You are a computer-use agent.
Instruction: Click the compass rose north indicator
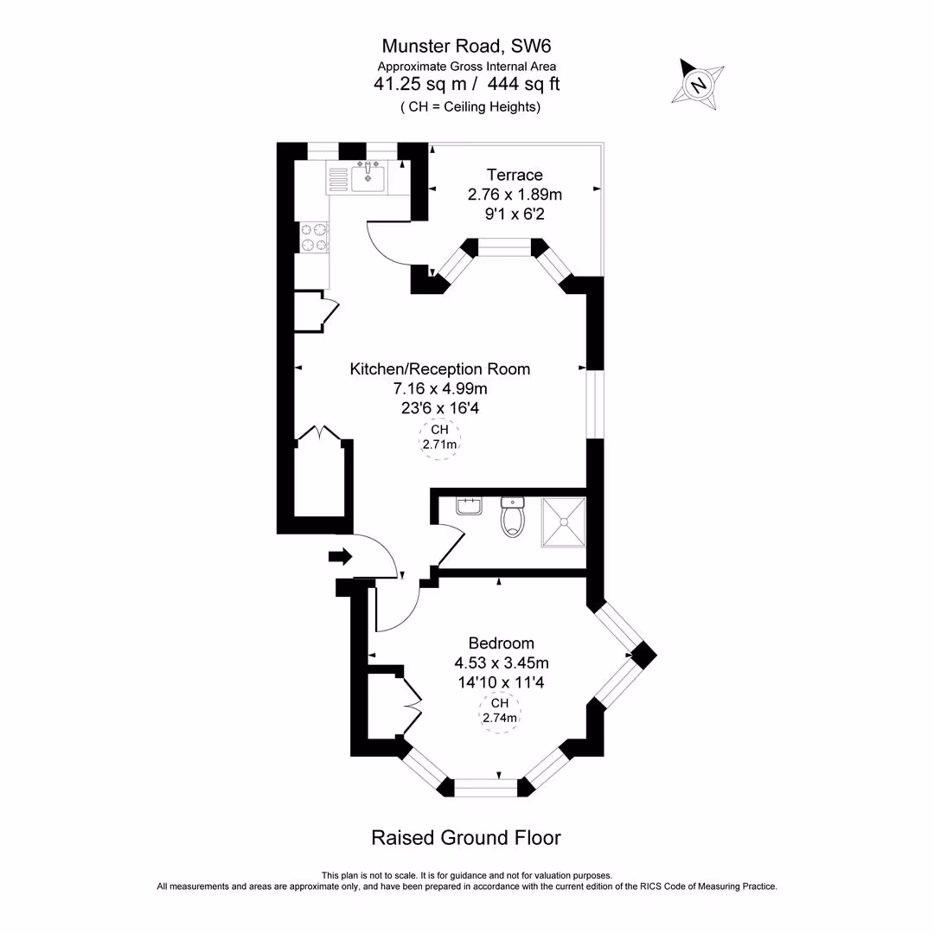click(698, 84)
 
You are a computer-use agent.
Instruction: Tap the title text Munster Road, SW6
click(466, 45)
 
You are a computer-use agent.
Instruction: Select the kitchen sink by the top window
click(368, 177)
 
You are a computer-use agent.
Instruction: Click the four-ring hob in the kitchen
click(314, 237)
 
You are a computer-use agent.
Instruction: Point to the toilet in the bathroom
click(513, 518)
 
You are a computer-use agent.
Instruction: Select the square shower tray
click(563, 522)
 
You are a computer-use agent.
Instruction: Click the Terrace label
click(515, 176)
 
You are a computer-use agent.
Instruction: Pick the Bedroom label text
click(501, 643)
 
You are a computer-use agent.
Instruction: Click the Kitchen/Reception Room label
click(439, 369)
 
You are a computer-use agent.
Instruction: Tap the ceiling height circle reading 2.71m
click(439, 438)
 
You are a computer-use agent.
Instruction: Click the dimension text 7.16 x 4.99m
click(439, 388)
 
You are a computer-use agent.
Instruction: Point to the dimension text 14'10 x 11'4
click(502, 682)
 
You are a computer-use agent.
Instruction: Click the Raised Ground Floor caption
click(466, 838)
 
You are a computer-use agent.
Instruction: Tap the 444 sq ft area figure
click(524, 84)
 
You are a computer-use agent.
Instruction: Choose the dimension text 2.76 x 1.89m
click(515, 195)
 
